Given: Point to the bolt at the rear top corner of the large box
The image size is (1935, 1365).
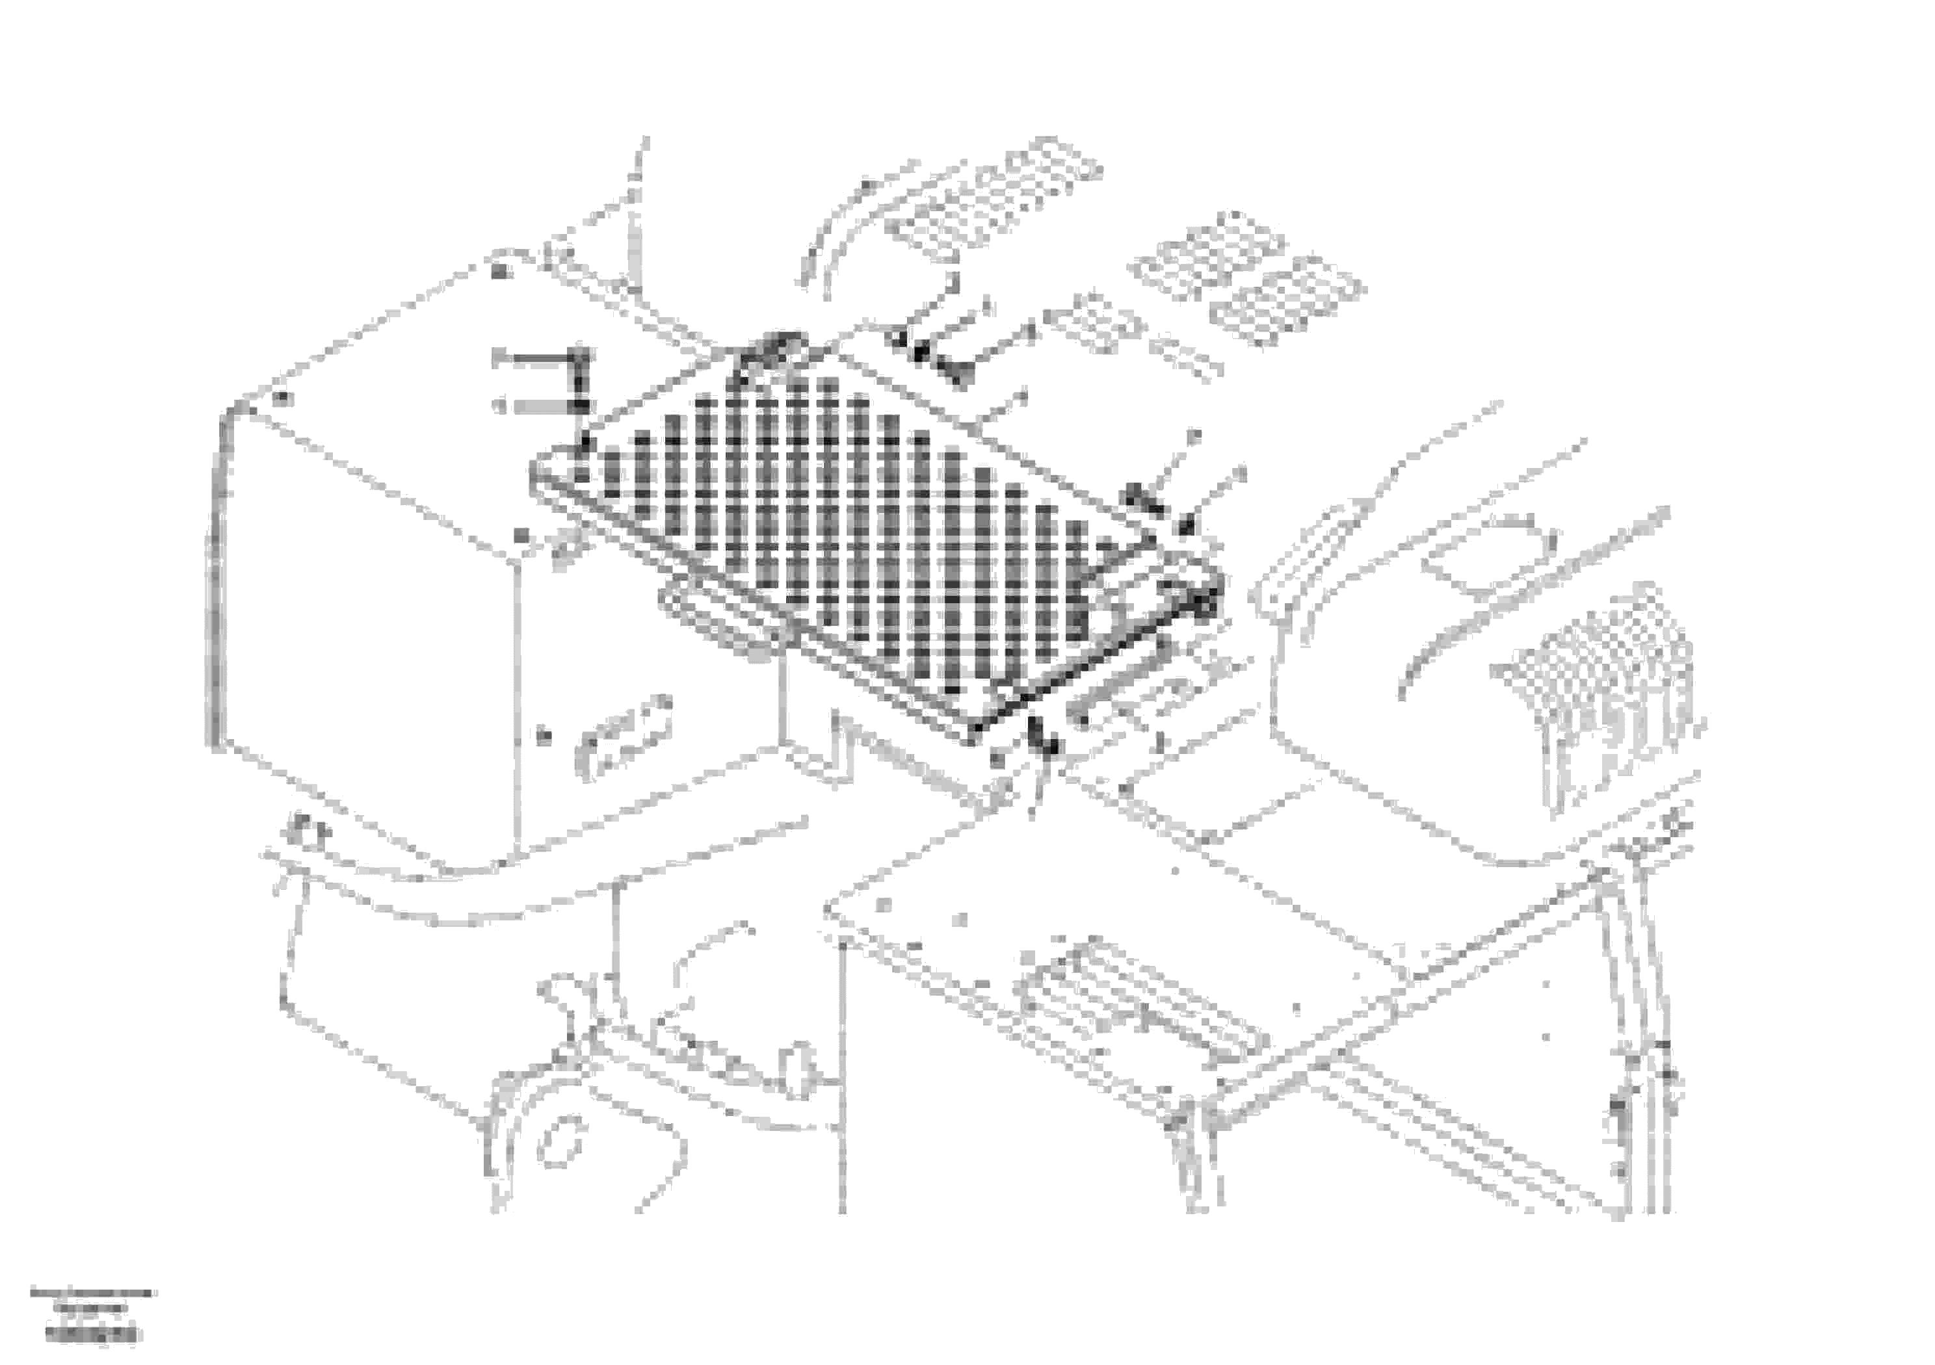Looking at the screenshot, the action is pos(501,271).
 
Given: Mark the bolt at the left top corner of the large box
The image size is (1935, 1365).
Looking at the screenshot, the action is pos(284,398).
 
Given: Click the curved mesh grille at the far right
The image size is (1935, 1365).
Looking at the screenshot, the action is pos(1601,674).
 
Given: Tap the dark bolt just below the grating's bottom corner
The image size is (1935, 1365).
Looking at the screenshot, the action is pos(1045,742).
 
